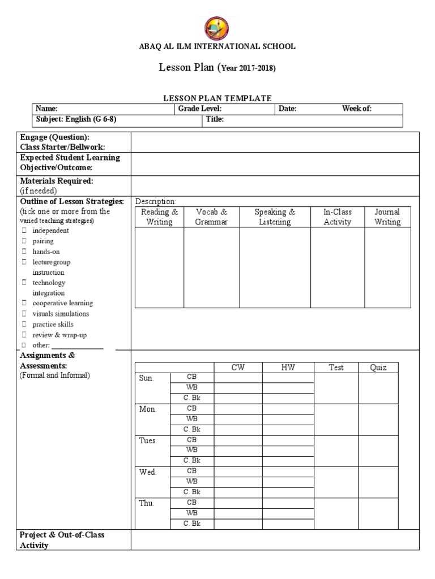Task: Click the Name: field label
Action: coord(47,109)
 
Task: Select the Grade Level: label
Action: coord(199,109)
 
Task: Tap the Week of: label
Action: coord(357,109)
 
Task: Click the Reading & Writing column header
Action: coord(159,217)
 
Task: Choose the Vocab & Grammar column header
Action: coord(211,217)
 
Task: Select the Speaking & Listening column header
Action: coord(275,217)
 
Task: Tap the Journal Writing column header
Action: coord(387,217)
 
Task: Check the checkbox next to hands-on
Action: coord(24,252)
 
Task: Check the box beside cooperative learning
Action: coord(24,303)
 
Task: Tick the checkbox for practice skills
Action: coord(24,324)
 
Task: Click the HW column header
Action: coord(288,368)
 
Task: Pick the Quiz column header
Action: coord(378,368)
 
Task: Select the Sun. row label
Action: coord(146,378)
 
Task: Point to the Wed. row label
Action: coord(147,472)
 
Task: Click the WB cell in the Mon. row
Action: coord(191,418)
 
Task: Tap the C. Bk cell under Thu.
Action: coord(191,524)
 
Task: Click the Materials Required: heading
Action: coord(57,181)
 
